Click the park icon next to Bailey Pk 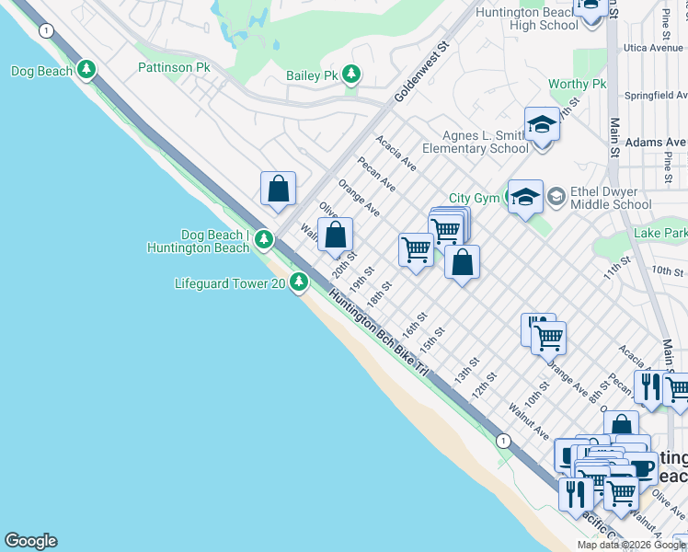(350, 74)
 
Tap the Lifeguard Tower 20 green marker (299, 283)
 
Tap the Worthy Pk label (578, 85)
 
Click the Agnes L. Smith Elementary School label (475, 142)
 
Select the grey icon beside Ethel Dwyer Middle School (556, 196)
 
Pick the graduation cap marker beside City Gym (525, 197)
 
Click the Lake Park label (659, 235)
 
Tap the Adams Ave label (655, 143)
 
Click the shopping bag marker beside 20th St (336, 235)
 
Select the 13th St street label (463, 372)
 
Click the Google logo (30, 541)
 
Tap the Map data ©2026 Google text (631, 545)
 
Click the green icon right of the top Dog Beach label (86, 70)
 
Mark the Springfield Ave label (656, 95)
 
